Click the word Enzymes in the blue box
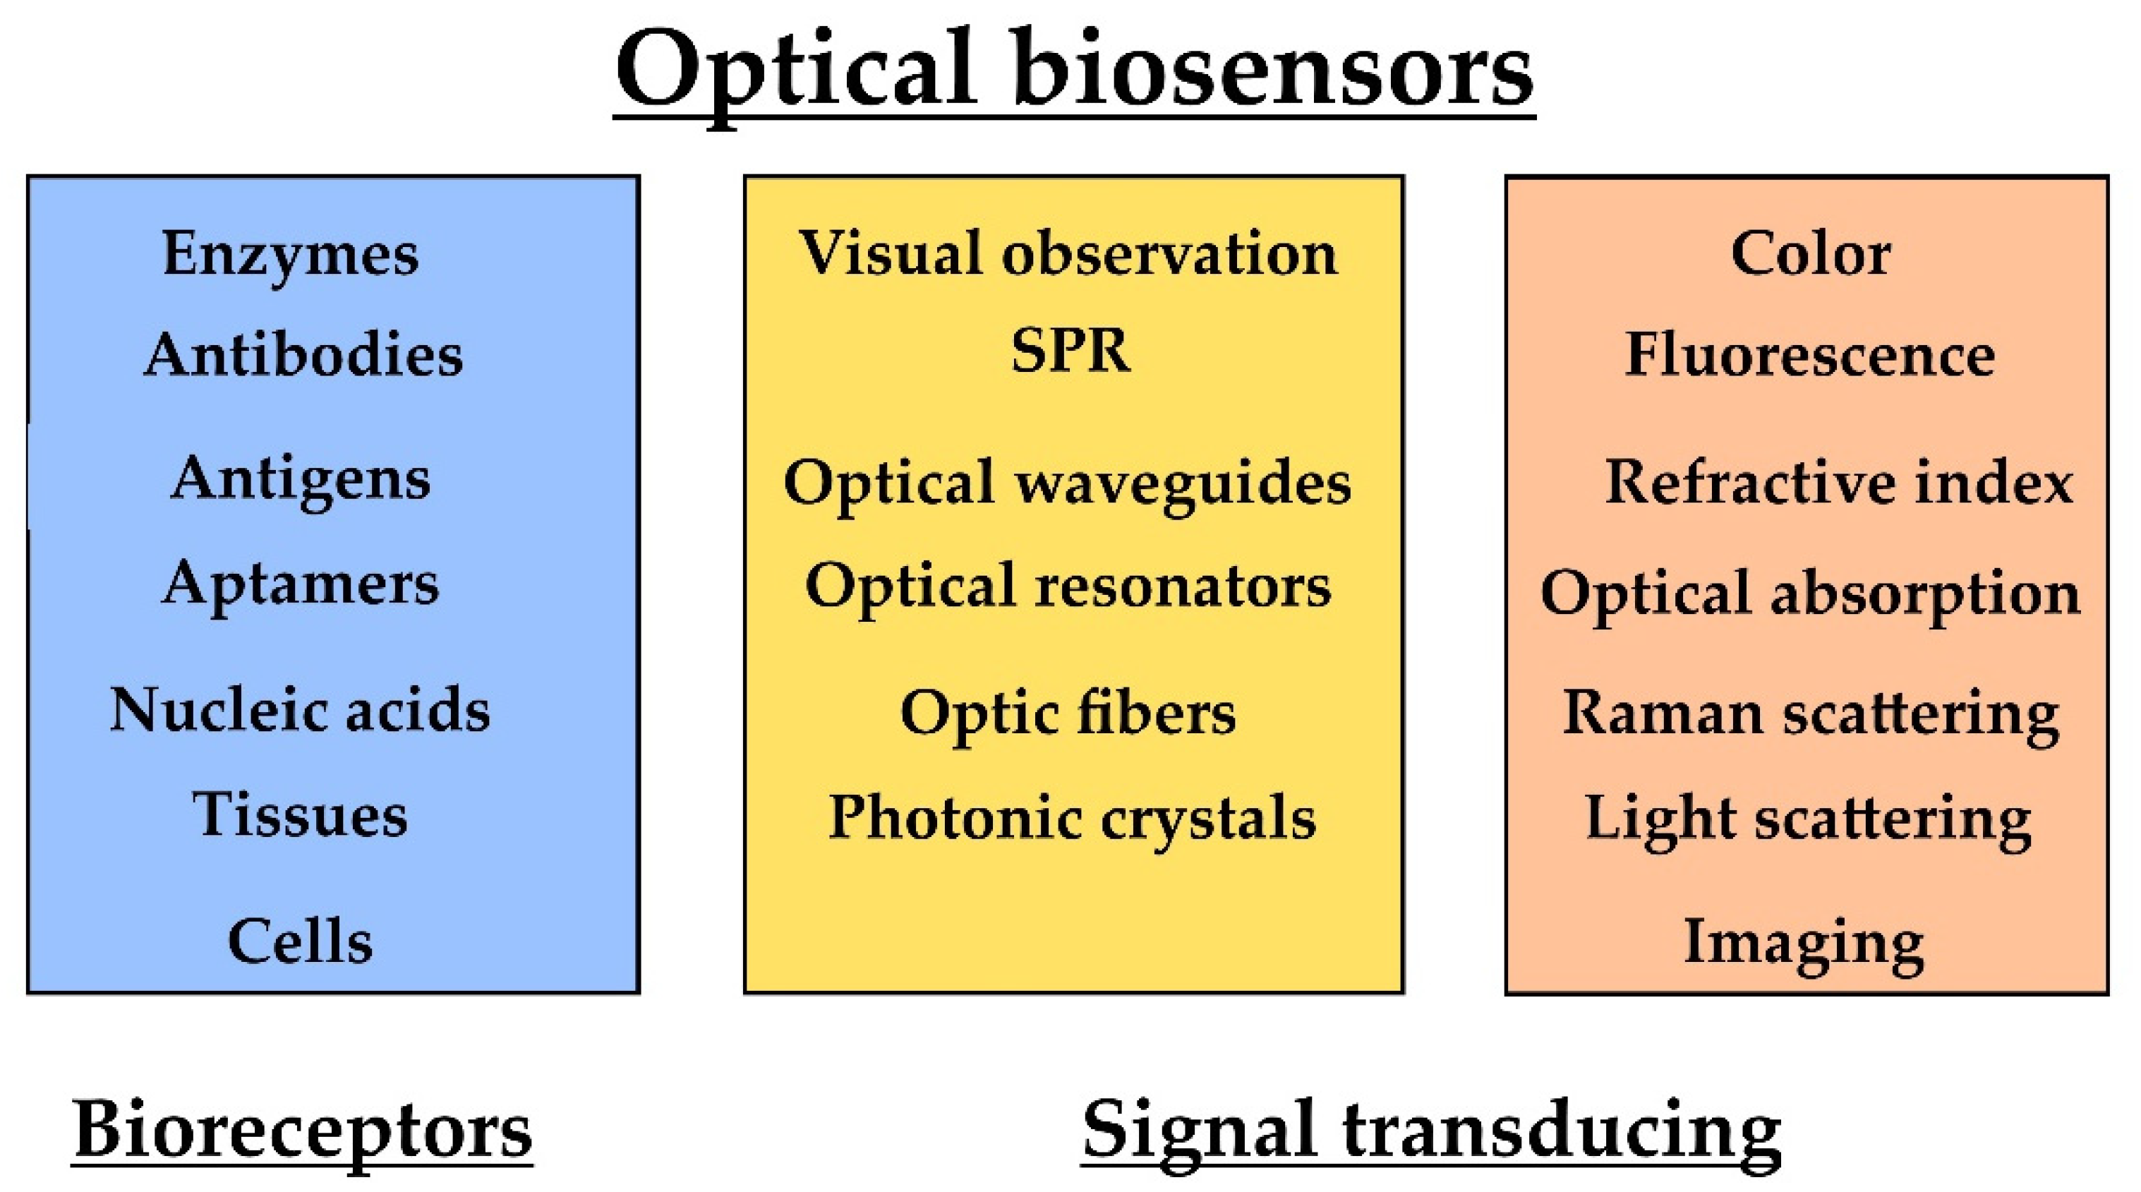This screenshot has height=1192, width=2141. [290, 253]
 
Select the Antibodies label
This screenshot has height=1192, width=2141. [303, 356]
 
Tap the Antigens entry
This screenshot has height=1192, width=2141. [300, 480]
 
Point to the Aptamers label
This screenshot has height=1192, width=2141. [300, 584]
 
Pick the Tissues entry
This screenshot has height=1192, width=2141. [300, 814]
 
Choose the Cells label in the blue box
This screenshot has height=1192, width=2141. [300, 941]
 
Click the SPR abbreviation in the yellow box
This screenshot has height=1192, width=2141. [1070, 351]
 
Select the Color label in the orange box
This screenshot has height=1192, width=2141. [1810, 253]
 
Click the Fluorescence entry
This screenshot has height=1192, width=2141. [1810, 356]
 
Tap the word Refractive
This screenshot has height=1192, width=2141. [1750, 483]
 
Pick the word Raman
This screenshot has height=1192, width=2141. [1663, 714]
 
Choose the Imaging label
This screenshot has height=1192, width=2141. [1804, 944]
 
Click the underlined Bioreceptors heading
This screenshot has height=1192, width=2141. [302, 1131]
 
